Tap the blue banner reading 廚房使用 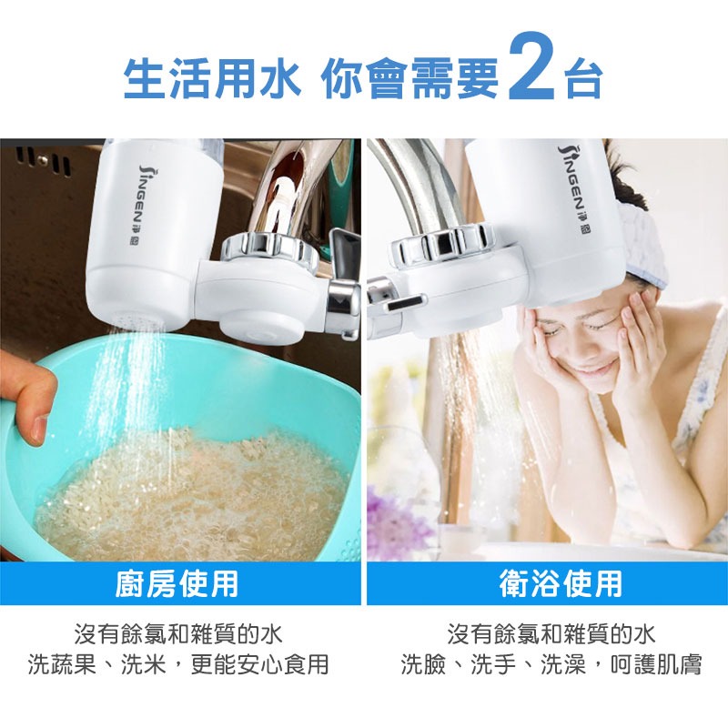point(177,583)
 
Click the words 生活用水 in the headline point(211,78)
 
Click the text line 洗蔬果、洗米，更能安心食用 point(177,663)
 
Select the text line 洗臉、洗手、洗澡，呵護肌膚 point(551,663)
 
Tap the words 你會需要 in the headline point(409,78)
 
